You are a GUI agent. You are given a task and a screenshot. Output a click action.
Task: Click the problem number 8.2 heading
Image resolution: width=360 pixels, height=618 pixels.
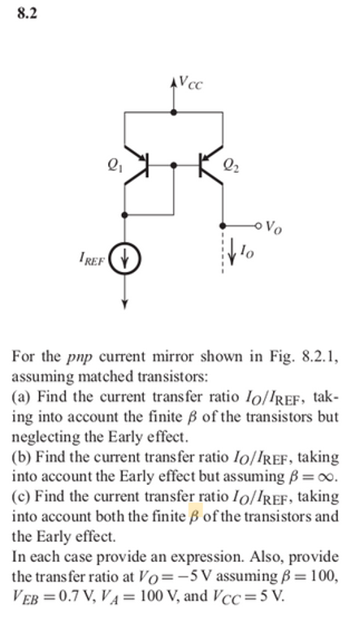(27, 14)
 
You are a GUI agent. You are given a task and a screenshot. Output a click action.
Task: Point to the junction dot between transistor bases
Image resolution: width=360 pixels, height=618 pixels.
(175, 165)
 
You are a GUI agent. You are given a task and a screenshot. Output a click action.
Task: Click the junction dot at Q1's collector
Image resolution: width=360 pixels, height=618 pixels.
(124, 214)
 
